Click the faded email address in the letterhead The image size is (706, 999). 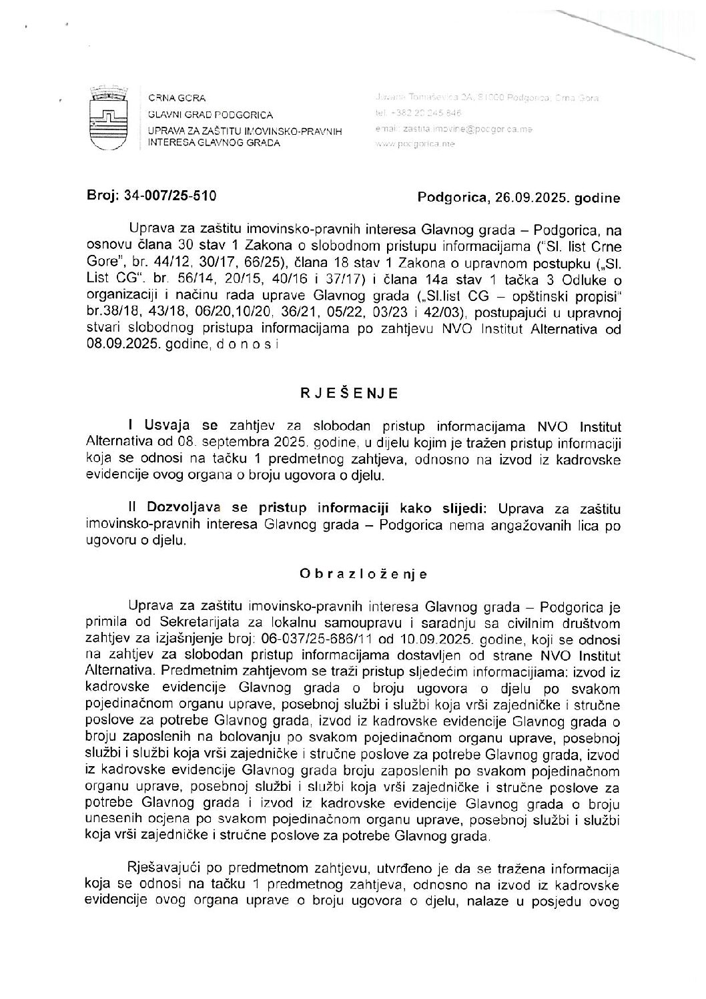pos(454,129)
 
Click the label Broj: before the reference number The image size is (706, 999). pos(102,197)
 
